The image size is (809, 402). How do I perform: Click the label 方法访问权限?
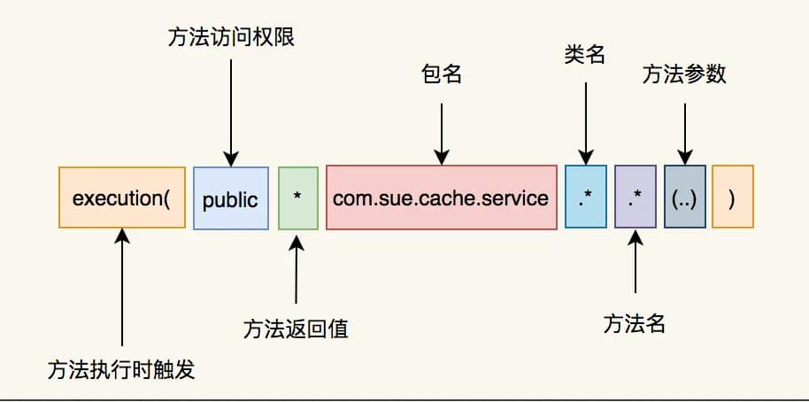coord(229,37)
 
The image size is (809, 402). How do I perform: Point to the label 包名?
coord(441,74)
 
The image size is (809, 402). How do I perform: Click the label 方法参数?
coord(684,74)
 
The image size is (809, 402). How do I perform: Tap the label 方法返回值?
coord(296,329)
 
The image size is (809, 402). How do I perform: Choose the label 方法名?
coord(634,324)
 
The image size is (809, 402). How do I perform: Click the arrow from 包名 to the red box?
coord(441,128)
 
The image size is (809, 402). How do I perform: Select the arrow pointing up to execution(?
coord(121,288)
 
